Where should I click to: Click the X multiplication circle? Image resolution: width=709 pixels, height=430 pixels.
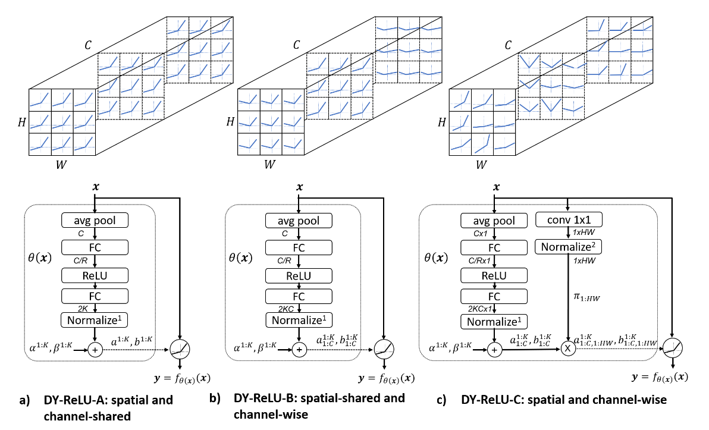click(569, 349)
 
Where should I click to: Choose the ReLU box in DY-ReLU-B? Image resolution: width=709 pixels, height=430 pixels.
click(300, 275)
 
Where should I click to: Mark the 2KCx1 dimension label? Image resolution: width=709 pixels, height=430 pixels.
click(480, 308)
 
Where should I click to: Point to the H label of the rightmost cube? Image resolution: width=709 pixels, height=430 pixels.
click(441, 122)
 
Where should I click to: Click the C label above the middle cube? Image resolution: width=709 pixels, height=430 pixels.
click(297, 45)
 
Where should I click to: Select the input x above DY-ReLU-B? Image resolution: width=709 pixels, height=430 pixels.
click(300, 187)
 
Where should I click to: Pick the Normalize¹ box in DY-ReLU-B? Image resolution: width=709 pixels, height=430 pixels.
click(300, 321)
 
